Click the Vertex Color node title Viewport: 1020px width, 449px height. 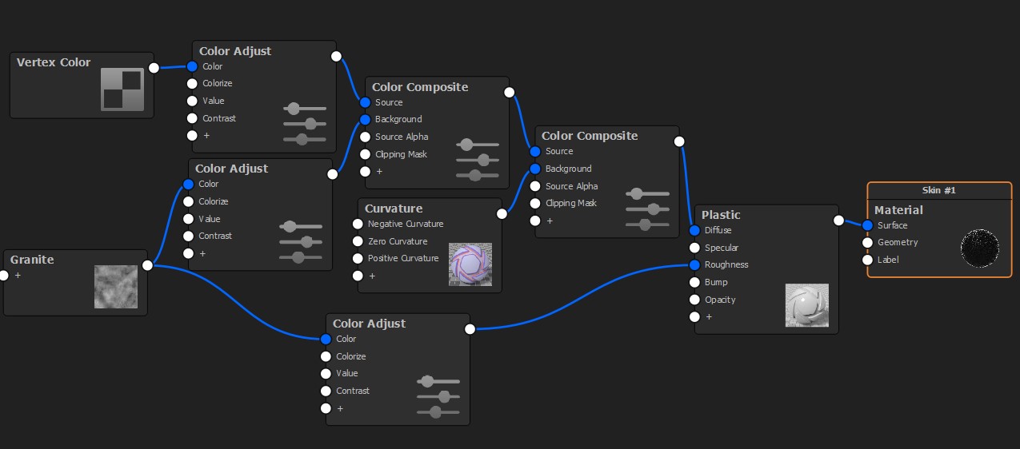tap(54, 62)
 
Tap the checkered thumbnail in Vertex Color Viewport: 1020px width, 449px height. tap(122, 89)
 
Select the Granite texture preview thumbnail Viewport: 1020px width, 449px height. tap(116, 287)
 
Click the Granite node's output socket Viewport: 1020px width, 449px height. tap(147, 265)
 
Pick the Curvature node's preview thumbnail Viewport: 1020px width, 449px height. tap(470, 264)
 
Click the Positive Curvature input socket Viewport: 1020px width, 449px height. tap(358, 258)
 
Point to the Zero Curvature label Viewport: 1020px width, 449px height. tap(398, 241)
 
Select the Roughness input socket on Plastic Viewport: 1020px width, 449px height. tap(694, 264)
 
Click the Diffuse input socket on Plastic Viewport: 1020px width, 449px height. tap(694, 230)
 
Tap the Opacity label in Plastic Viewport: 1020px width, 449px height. tap(720, 300)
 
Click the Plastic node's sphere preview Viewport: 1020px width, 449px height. tap(807, 305)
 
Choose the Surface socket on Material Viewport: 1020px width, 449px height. tap(867, 225)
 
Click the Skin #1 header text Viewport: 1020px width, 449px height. tap(939, 190)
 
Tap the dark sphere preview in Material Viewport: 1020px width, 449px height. tap(980, 248)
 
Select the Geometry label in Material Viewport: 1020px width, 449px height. tap(898, 242)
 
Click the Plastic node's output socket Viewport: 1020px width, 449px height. tap(838, 221)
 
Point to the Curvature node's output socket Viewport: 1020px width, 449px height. tap(502, 214)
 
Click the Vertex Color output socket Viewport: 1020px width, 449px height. tap(154, 68)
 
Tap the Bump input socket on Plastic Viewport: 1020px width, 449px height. tap(694, 282)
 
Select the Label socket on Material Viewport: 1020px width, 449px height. tap(867, 260)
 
